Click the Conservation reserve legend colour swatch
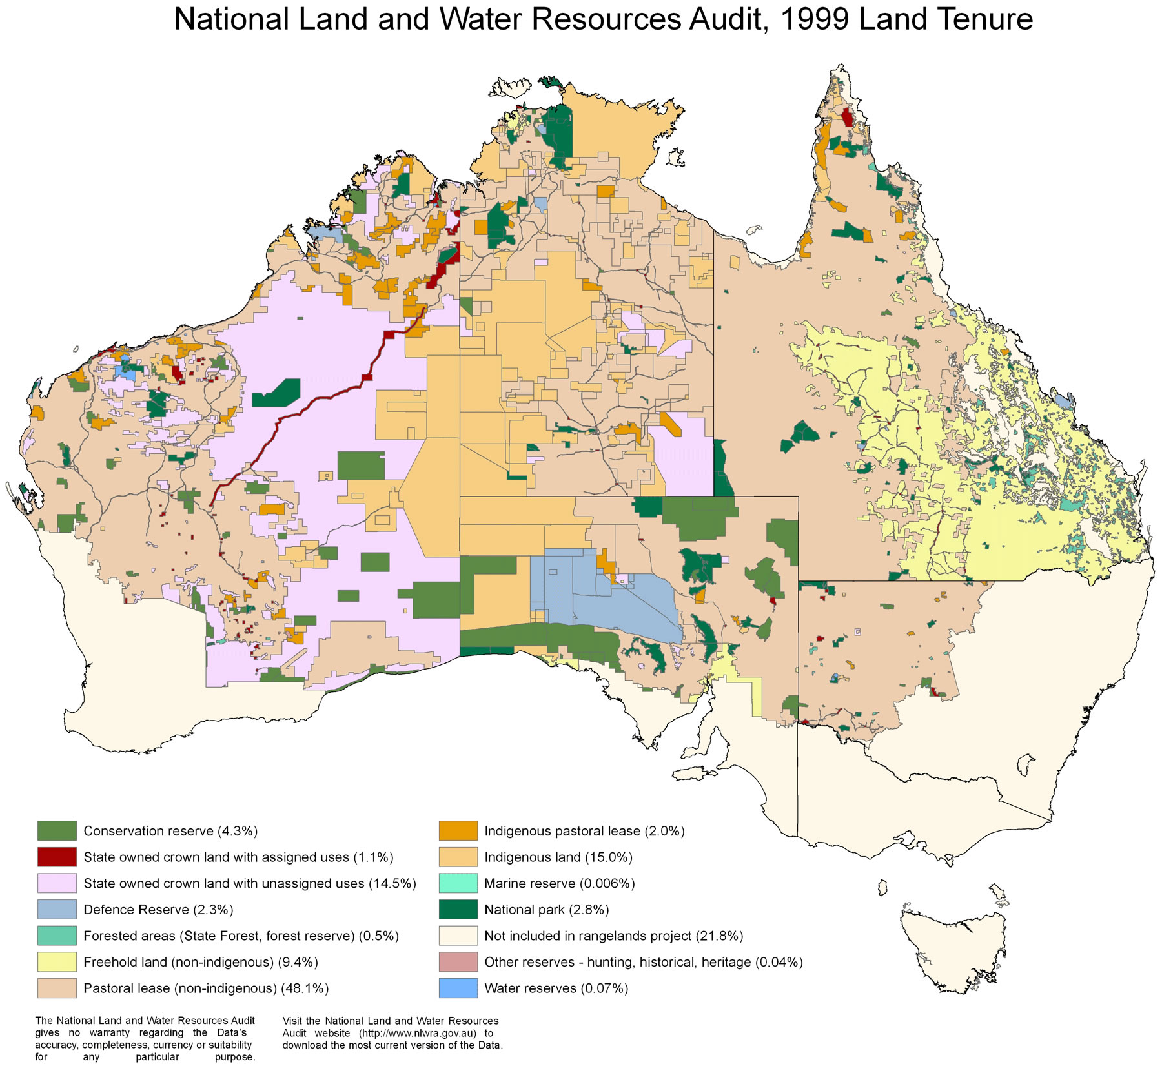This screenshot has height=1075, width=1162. (57, 830)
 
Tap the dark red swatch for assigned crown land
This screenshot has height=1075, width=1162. (57, 857)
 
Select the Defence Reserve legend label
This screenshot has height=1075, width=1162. (158, 909)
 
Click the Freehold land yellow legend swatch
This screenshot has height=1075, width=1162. (57, 961)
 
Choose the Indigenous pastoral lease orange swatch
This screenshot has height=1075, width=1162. (458, 830)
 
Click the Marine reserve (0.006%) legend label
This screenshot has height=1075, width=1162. (559, 883)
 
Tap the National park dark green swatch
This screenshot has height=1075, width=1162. (458, 909)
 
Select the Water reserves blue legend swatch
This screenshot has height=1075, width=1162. (458, 988)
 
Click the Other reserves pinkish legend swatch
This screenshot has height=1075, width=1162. (458, 961)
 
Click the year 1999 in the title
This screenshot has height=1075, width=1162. (813, 19)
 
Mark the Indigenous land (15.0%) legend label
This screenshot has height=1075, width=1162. (558, 857)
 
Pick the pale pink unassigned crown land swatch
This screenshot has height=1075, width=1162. (57, 883)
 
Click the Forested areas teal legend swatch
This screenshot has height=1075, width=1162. (57, 936)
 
